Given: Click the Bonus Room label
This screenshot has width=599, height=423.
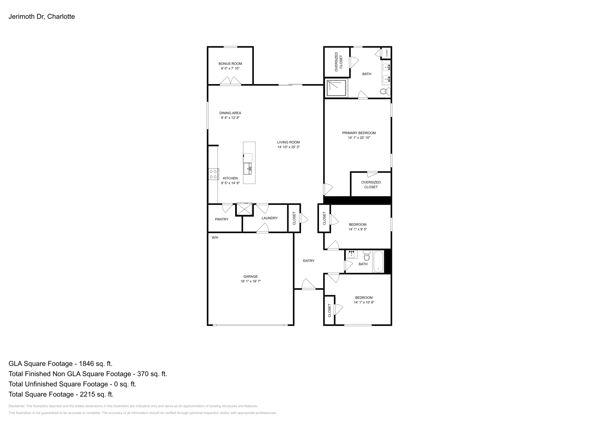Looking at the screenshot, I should click(231, 64).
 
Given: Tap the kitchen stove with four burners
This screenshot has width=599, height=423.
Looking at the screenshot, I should click(213, 174).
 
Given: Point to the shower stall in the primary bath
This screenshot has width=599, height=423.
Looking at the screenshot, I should click(336, 88).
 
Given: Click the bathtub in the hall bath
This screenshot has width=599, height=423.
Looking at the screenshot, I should click(378, 261).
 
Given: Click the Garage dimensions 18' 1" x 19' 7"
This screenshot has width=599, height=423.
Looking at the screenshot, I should click(250, 281).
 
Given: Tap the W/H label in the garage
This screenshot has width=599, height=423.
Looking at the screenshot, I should click(215, 238).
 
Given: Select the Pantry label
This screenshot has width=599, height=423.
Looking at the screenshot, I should click(222, 219).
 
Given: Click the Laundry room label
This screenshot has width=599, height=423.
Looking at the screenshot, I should click(270, 218).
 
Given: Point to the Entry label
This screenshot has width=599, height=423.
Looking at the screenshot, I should click(308, 261).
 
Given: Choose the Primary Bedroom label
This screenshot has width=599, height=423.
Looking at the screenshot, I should click(359, 133).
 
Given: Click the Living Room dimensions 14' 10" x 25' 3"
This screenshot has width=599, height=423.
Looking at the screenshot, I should click(288, 147).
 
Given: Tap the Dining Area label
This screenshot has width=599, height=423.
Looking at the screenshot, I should click(230, 113).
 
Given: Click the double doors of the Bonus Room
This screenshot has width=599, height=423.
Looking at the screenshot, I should click(230, 81).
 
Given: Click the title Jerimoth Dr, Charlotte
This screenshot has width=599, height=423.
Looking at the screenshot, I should click(42, 16).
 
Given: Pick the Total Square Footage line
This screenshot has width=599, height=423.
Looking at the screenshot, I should click(61, 394).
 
